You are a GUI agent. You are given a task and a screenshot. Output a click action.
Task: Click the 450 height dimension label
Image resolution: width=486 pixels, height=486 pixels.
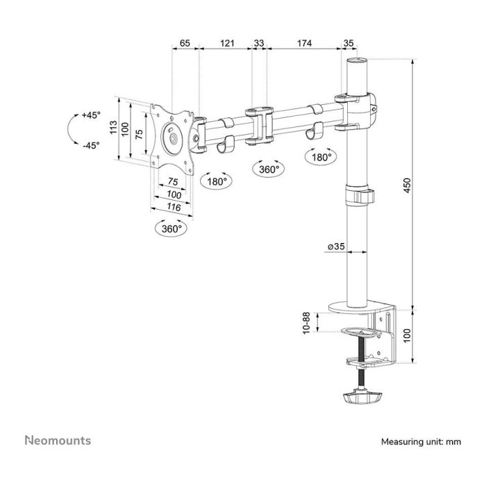point(408,185)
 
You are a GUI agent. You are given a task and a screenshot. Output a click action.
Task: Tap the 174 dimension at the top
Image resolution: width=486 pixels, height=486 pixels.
point(303,43)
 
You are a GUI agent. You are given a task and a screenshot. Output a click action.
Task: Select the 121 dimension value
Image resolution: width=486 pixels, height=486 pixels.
point(226,43)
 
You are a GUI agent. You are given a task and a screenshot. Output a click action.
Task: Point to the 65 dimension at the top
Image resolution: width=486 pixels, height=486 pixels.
point(185,43)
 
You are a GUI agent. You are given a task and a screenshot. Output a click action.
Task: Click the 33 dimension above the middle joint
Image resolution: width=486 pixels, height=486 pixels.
point(259,43)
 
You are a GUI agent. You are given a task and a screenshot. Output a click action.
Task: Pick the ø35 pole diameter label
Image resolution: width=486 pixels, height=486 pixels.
point(336,246)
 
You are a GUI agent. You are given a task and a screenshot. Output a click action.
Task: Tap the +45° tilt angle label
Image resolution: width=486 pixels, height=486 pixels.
point(90,115)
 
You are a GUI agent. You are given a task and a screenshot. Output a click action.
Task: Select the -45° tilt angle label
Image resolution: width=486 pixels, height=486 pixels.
point(90,145)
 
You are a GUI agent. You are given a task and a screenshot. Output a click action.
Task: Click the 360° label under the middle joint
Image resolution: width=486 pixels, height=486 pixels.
point(268,169)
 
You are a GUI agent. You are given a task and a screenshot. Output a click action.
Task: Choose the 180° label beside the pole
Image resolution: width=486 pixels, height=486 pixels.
point(321,158)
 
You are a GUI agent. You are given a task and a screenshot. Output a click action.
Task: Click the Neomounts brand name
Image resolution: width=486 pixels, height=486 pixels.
point(58,440)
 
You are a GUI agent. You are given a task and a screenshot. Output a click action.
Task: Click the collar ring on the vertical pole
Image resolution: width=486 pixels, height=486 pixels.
point(360,194)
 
